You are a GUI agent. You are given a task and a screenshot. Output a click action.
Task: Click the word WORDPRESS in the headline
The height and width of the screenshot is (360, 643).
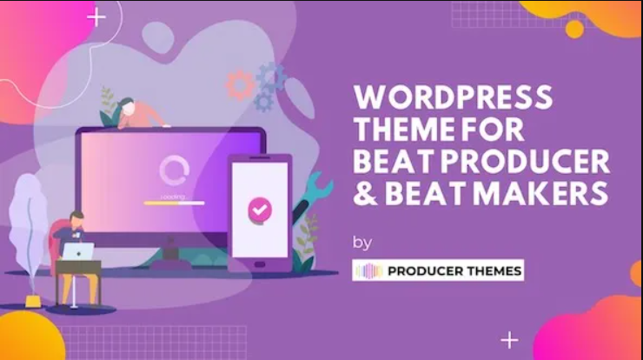pos(453,97)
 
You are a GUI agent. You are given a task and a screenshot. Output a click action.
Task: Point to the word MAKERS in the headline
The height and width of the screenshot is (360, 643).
pos(540,193)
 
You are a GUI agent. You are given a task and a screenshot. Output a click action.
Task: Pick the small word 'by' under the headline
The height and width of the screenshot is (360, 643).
pos(362,243)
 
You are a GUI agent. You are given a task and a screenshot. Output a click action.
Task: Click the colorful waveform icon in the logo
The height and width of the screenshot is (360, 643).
pos(368,271)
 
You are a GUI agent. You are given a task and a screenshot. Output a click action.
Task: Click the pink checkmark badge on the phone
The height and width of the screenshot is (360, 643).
pos(260,210)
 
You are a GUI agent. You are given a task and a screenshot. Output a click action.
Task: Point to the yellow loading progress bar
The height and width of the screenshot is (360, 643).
pos(174,203)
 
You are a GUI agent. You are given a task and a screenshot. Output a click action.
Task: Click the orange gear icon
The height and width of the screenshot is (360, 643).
pos(240,85)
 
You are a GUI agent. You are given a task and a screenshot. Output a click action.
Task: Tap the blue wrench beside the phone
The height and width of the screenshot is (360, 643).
pos(313,194)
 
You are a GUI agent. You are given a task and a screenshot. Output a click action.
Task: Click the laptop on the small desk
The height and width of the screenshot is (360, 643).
pos(79,251)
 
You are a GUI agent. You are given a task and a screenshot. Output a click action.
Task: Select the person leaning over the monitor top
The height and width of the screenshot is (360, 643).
pos(137,113)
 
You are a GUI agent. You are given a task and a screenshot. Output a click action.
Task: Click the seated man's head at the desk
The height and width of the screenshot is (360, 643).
pos(76,220)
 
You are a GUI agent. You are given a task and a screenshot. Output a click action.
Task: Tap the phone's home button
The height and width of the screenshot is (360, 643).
pos(260,264)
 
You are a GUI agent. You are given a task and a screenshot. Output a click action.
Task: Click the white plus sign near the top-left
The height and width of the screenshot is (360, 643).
pos(96,17)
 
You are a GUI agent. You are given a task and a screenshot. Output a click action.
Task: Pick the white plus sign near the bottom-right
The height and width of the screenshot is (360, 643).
pos(509,340)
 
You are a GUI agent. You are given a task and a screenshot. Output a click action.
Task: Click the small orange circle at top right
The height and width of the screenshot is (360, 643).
pos(574,30)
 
